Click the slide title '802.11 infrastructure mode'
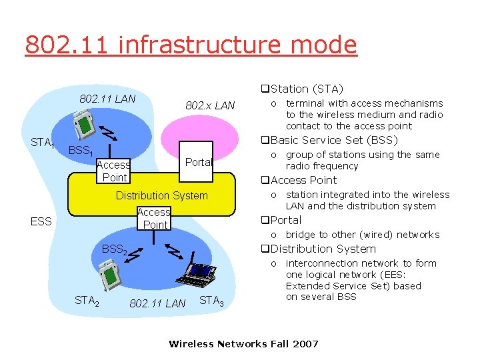191,45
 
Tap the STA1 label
43,143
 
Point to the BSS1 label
80,151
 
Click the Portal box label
198,162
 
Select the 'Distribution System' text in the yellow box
162,195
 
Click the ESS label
41,221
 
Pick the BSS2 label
114,249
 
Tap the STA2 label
87,301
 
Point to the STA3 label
211,301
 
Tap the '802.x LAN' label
210,105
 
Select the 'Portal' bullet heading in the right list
286,220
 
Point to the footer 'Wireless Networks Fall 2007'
243,344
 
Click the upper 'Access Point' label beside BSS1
113,171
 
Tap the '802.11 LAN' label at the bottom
157,304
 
